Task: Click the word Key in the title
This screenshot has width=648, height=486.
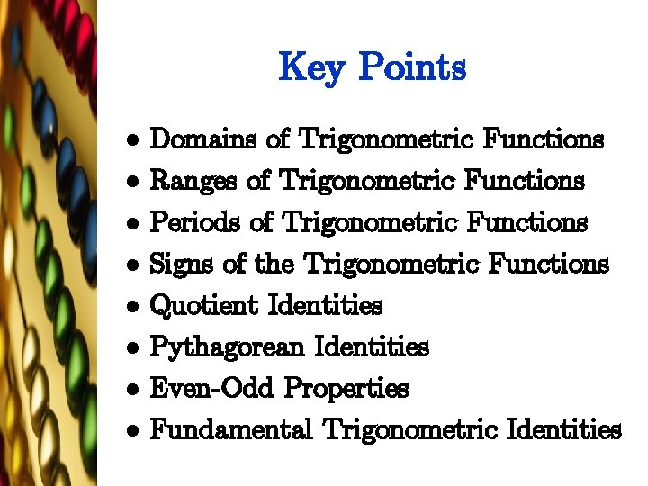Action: coord(310,67)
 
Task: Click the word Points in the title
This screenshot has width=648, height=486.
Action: coord(412,67)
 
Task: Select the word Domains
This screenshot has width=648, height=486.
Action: coord(203,139)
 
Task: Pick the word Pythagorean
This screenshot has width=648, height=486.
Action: coord(226,346)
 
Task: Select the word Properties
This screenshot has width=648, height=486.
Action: coord(346,388)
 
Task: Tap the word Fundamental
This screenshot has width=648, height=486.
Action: coord(230,429)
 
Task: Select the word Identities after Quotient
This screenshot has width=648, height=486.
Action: coord(325,306)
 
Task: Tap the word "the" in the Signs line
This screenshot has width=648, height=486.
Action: coord(274,265)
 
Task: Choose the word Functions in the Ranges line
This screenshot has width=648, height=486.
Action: coord(525,181)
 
